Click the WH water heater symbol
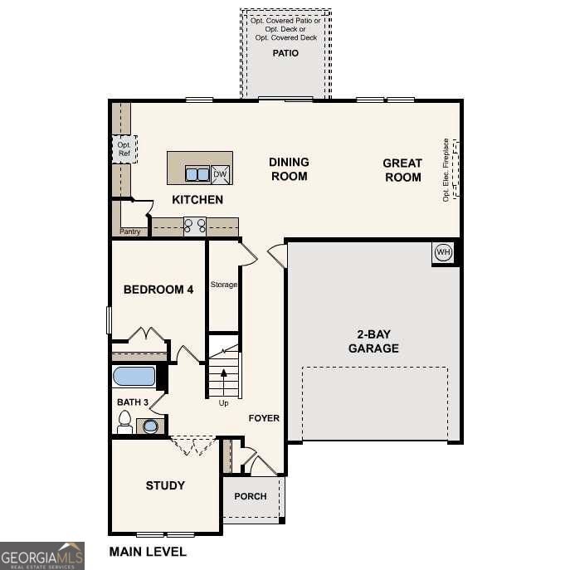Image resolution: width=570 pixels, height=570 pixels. [443, 252]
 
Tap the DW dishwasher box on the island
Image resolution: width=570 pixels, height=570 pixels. [220, 173]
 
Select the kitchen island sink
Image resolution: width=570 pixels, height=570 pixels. [197, 174]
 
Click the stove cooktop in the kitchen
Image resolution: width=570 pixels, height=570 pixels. [194, 224]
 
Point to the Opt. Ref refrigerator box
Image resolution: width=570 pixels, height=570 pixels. [124, 149]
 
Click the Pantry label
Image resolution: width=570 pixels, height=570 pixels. [130, 231]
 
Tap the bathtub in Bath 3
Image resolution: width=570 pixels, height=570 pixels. [134, 377]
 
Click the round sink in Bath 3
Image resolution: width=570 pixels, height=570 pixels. [150, 426]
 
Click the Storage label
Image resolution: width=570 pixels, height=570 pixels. [223, 285]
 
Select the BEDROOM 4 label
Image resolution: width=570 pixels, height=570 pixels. [158, 290]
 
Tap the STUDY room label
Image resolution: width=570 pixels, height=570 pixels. [165, 485]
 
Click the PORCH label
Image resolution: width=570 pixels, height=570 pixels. [251, 496]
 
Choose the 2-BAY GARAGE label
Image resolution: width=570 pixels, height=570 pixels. [373, 341]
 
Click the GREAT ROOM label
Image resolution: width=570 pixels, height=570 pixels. [402, 170]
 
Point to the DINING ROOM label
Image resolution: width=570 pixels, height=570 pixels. [289, 169]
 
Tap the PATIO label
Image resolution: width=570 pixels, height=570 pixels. [285, 53]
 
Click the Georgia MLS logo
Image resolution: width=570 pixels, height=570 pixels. [42, 555]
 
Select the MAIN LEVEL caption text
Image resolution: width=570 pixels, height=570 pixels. [148, 551]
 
